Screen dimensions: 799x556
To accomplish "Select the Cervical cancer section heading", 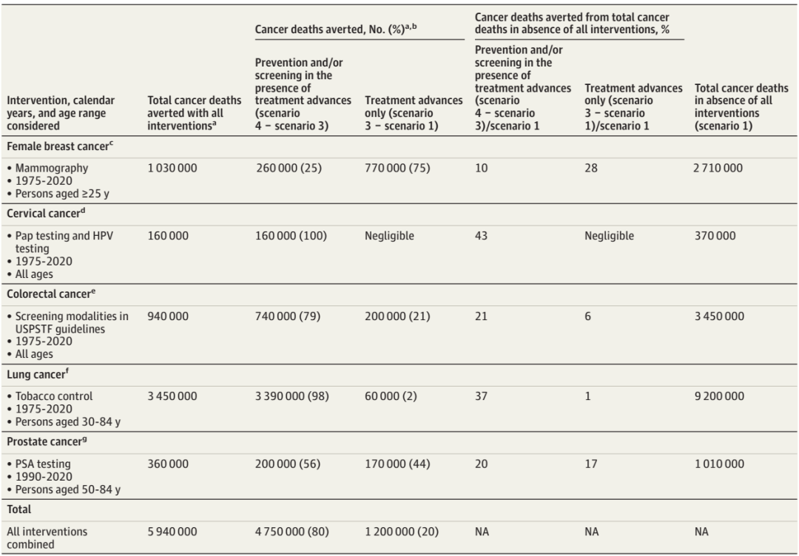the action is click(x=46, y=213).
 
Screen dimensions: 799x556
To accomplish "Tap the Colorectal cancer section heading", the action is click(x=51, y=294).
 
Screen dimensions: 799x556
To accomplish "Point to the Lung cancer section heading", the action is click(x=38, y=374).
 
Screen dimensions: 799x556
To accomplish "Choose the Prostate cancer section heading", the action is click(x=47, y=441).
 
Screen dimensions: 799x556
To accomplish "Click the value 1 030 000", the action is click(x=172, y=168).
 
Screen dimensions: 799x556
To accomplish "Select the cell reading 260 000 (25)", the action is click(x=289, y=168).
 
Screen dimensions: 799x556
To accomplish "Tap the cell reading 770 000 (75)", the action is click(x=397, y=168).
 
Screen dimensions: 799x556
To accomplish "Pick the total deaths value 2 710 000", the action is click(x=718, y=168).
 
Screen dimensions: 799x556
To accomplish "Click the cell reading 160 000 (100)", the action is click(x=291, y=236).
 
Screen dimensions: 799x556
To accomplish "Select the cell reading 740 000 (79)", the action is click(x=288, y=316).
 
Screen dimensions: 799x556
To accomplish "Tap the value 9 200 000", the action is click(x=719, y=396).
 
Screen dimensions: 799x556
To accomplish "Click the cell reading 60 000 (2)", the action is click(x=391, y=396).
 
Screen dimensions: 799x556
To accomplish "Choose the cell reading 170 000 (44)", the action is click(x=397, y=464).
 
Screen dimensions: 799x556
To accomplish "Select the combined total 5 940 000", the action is click(x=172, y=532).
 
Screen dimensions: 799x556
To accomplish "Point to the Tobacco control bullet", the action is click(x=50, y=396).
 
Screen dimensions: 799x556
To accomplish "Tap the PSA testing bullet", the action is click(x=38, y=464).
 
